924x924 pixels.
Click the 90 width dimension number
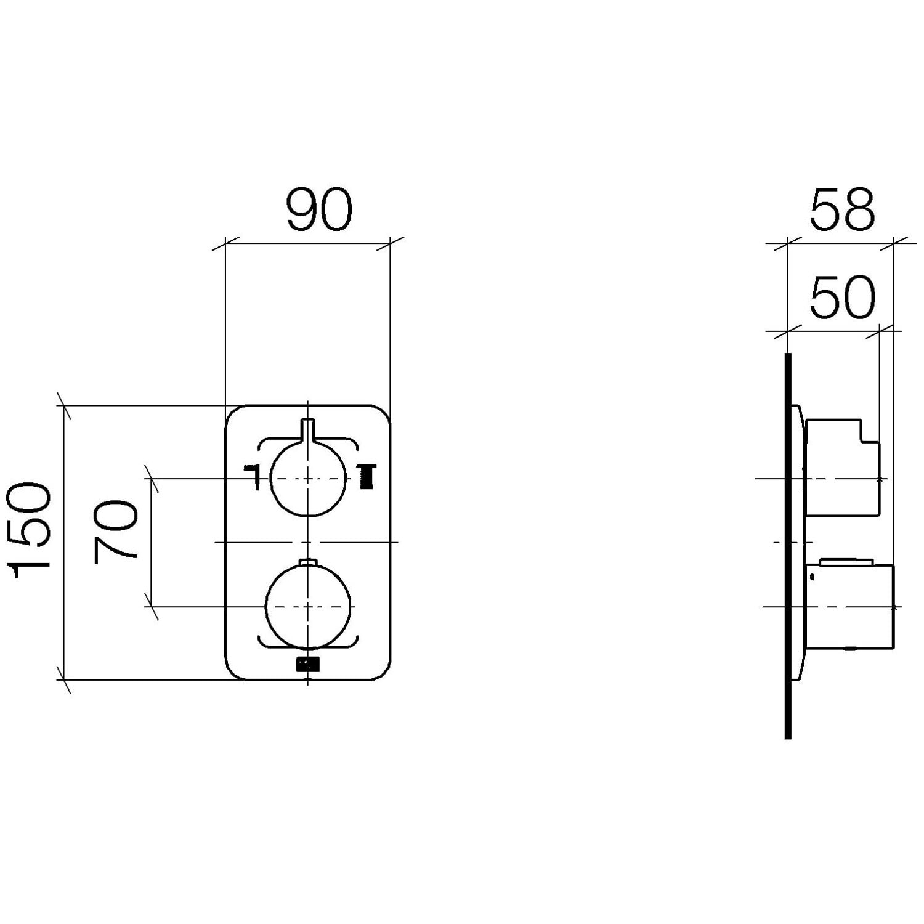319,210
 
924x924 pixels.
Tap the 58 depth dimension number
841,210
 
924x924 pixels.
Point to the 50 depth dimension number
841,298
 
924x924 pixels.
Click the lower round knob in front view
308,607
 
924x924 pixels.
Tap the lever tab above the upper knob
308,431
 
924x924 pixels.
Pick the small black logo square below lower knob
308,664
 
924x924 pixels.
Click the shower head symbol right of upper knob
367,477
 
